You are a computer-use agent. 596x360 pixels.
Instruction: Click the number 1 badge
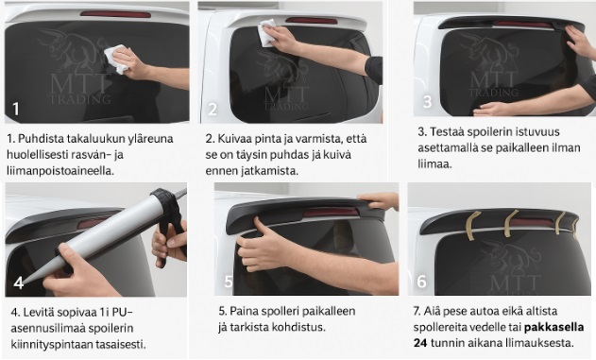tap(16, 108)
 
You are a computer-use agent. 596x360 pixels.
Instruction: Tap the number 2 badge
tap(213, 108)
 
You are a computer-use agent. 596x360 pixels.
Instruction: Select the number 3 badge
tap(427, 101)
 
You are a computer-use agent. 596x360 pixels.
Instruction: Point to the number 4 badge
tap(19, 282)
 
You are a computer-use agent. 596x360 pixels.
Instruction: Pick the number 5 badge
tap(228, 282)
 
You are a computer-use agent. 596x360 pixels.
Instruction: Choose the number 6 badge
tap(421, 282)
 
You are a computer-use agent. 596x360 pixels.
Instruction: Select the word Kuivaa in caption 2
tap(238, 138)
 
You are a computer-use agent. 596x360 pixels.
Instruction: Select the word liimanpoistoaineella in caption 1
tap(60, 170)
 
